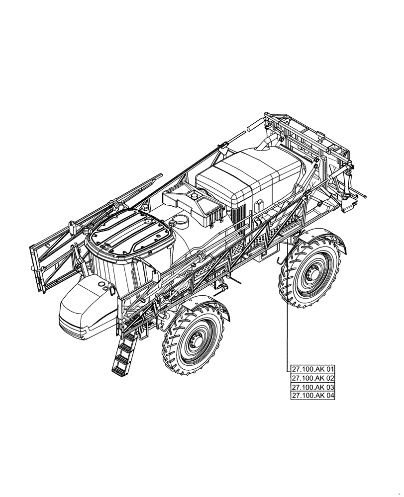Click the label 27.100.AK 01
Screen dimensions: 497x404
[x=313, y=369]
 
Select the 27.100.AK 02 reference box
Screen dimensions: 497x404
[x=313, y=378]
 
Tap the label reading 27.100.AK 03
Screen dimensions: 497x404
[x=313, y=387]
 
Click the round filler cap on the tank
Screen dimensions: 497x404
[x=180, y=220]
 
